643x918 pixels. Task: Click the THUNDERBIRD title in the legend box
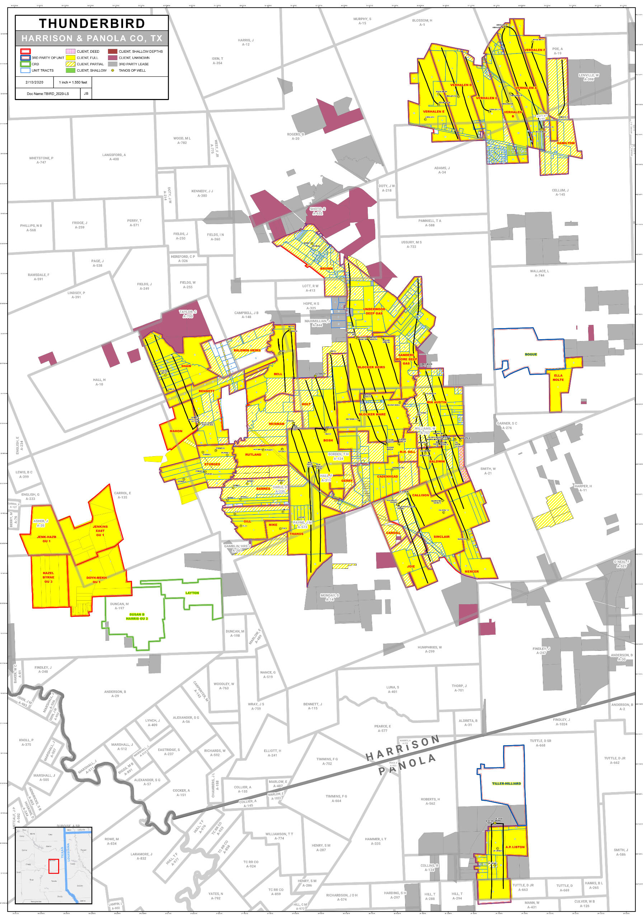(91, 23)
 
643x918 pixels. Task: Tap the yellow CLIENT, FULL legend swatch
(70, 58)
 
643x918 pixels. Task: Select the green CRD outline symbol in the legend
(25, 64)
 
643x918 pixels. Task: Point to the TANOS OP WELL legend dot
(112, 70)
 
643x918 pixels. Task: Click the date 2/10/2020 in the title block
(34, 82)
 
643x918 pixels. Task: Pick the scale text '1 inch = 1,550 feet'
(73, 82)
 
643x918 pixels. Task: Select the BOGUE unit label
(531, 354)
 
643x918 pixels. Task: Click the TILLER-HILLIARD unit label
(506, 783)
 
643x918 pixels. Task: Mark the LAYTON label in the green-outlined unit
(192, 593)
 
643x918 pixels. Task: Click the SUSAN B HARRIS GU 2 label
(137, 616)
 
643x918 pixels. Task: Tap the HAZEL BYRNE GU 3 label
(48, 577)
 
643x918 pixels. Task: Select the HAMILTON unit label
(565, 143)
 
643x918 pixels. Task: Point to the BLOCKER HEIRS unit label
(371, 367)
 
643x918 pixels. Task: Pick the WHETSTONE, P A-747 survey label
(41, 160)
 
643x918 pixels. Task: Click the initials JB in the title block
(86, 94)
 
